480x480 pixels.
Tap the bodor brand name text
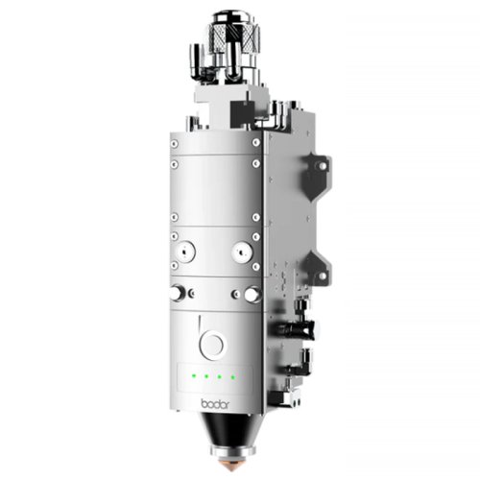(215, 404)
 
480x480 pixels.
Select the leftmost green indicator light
(194, 375)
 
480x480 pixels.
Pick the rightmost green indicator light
(233, 376)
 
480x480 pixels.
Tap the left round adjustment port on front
(185, 252)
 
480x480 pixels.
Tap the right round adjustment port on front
(242, 252)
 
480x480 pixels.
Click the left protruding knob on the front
(177, 293)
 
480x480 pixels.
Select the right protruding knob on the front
(252, 294)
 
